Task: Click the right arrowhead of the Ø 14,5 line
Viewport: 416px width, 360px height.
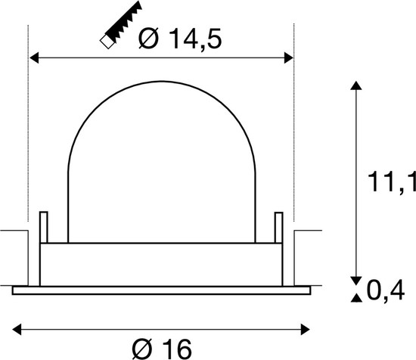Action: point(288,56)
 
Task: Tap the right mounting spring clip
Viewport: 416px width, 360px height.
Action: point(278,228)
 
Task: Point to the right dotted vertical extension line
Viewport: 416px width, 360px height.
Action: point(293,151)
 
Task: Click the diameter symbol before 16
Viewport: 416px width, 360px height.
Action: point(141,347)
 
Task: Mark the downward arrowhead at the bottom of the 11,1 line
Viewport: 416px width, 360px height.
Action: point(355,277)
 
